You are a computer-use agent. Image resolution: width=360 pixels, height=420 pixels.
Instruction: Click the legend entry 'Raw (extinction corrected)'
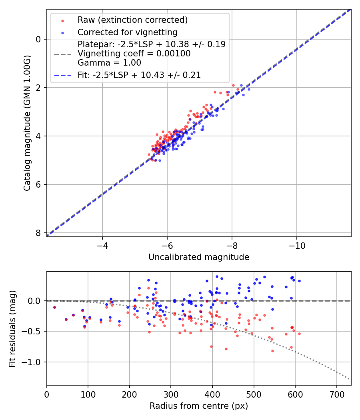coord(132,20)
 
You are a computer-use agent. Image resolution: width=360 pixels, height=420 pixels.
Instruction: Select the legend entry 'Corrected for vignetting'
coord(127,32)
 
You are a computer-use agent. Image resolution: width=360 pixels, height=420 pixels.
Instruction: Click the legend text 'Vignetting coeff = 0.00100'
coord(134,53)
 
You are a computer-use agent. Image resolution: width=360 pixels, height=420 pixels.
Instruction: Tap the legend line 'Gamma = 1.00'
coord(109,62)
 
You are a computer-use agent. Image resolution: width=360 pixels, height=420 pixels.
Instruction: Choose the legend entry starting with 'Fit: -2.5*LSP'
coord(139,75)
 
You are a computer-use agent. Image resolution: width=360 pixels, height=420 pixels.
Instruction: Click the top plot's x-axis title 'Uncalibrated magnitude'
coord(199,257)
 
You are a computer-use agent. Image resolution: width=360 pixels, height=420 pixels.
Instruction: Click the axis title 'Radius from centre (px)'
coord(199,406)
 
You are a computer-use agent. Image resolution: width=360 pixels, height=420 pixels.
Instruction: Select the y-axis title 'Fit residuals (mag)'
coord(12,328)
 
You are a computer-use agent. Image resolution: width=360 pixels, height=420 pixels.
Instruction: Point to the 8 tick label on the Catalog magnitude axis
coord(39,233)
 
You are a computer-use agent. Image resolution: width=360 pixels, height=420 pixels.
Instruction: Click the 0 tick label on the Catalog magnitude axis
coord(39,39)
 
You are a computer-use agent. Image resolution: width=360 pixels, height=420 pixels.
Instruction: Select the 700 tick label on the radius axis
coord(336,394)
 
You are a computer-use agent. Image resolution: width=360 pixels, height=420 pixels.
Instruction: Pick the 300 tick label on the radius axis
coord(171,394)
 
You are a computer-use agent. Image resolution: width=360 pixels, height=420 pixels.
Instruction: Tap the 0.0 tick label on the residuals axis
coord(35,301)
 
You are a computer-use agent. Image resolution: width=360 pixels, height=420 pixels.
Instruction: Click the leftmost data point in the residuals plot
coord(54,307)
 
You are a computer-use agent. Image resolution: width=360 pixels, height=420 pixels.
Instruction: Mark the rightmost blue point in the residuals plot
coord(299,281)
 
